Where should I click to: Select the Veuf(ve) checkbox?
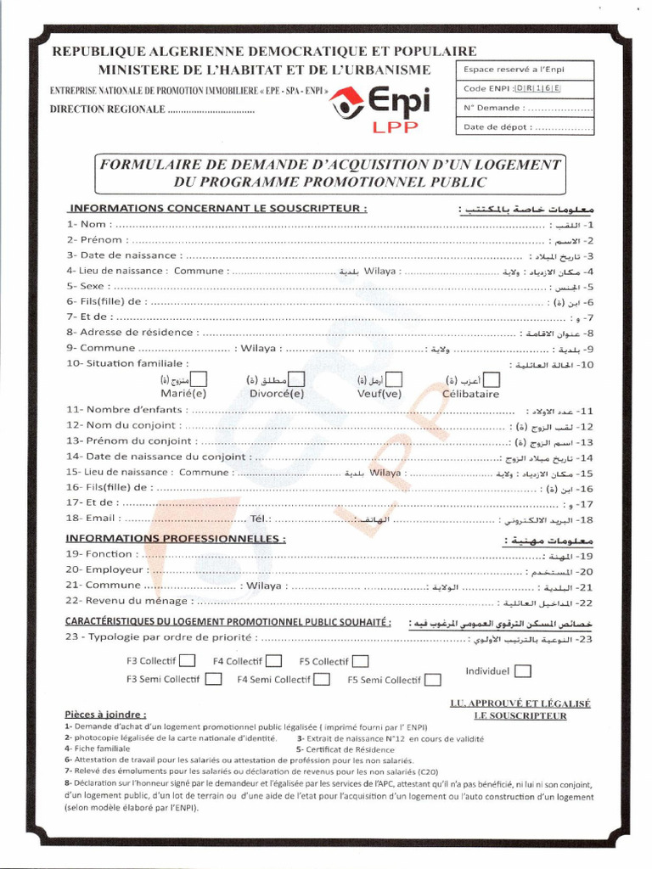(394, 379)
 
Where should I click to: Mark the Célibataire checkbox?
(491, 379)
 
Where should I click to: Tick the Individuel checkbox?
(523, 670)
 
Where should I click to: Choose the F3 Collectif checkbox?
(188, 661)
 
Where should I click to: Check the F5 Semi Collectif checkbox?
(433, 679)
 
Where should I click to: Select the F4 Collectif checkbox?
(273, 661)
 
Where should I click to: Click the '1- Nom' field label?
(87, 225)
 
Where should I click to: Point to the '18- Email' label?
(91, 519)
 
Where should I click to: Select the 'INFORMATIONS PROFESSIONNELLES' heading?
(176, 538)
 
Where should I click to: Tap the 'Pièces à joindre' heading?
(105, 715)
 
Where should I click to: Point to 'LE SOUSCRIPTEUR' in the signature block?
(520, 715)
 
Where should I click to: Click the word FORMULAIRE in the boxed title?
(151, 164)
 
